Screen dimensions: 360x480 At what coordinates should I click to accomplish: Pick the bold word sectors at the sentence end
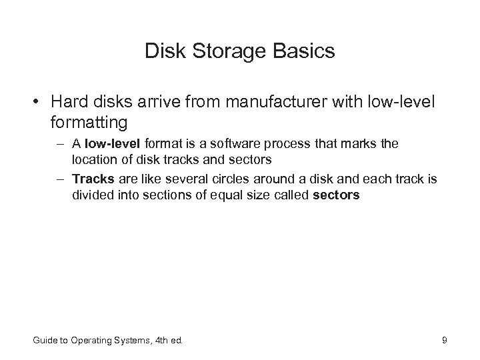click(336, 195)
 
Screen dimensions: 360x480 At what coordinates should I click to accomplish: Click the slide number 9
click(444, 341)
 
